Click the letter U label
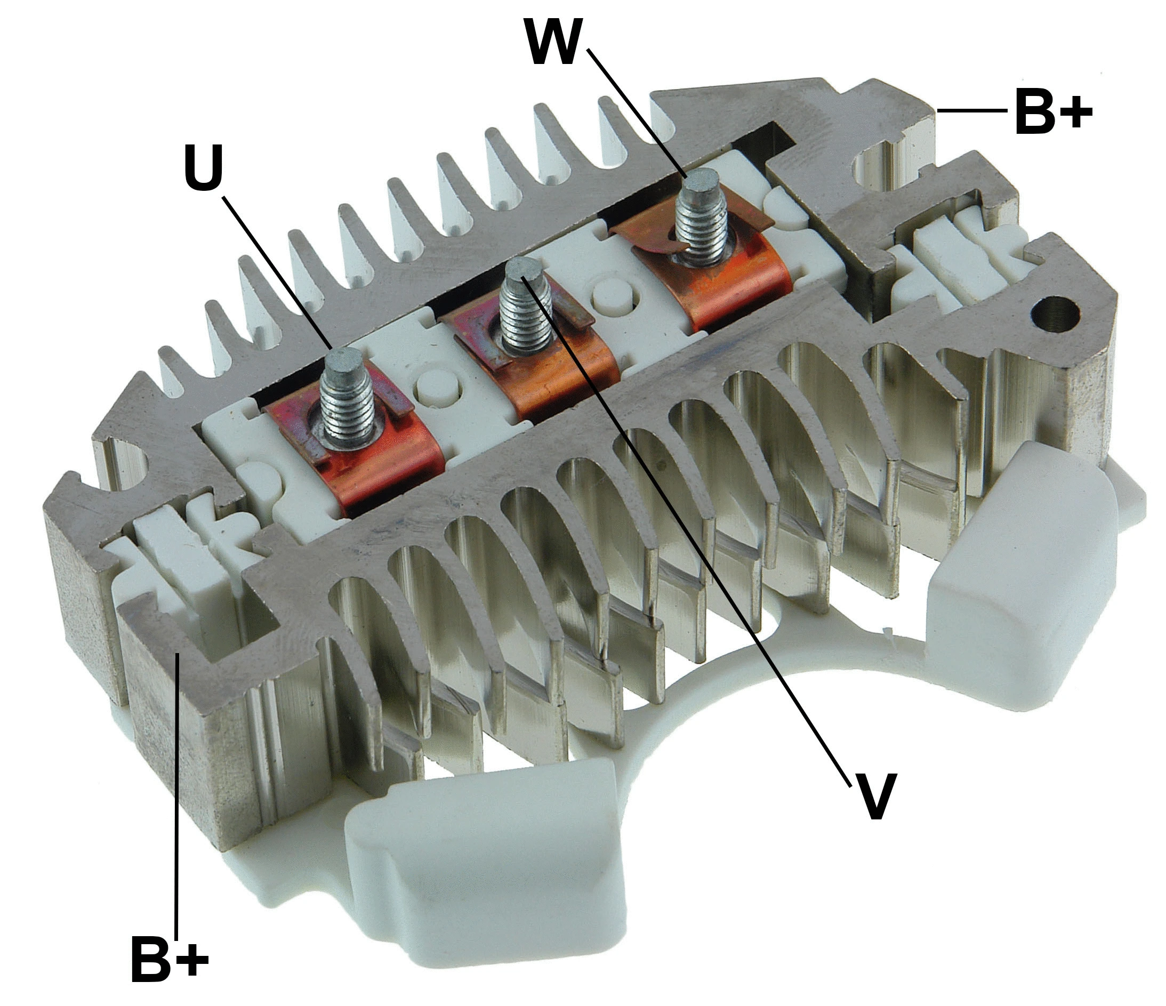pyautogui.click(x=204, y=167)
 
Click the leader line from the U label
pyautogui.click(x=276, y=270)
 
